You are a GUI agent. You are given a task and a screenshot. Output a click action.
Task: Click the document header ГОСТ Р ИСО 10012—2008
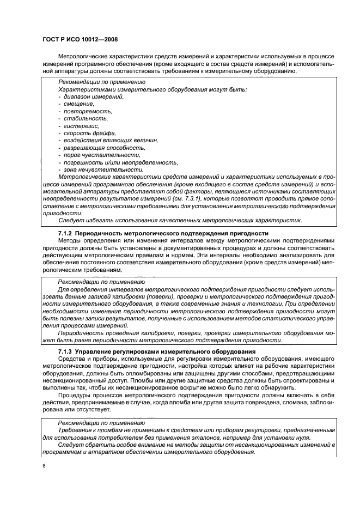80,40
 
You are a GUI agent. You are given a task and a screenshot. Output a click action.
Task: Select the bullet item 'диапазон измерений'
93,96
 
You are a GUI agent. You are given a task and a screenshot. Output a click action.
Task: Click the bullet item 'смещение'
79,104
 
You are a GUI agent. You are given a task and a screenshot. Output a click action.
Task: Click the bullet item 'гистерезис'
82,126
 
